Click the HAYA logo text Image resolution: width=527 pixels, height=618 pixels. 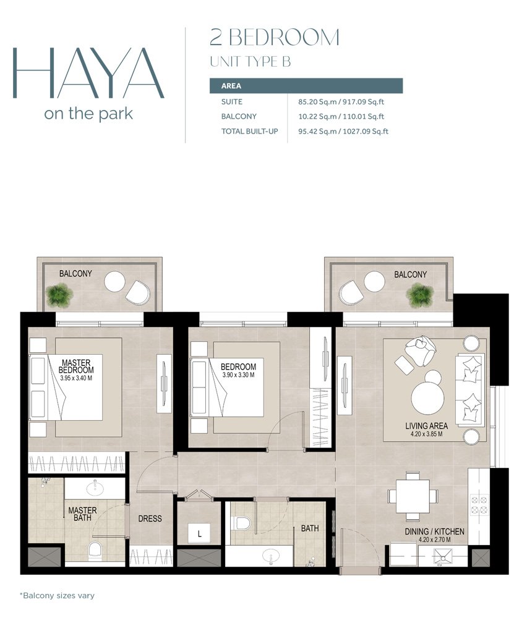[88, 74]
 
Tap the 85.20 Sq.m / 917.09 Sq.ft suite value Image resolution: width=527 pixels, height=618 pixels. [341, 102]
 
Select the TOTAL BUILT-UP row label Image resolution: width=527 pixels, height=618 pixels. [250, 131]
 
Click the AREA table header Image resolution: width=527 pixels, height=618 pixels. [231, 86]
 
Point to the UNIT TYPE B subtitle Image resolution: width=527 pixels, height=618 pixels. [251, 62]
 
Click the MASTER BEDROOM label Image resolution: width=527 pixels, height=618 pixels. [76, 366]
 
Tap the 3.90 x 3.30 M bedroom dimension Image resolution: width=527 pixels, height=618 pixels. [238, 375]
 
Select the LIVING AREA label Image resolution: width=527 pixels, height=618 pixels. [426, 426]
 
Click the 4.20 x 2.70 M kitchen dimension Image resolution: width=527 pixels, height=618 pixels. [434, 540]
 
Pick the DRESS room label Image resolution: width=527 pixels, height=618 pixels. [150, 519]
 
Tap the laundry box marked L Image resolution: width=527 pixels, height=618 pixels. [200, 534]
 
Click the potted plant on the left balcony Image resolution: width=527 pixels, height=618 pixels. [59, 295]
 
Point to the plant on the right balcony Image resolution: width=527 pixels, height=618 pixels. [421, 295]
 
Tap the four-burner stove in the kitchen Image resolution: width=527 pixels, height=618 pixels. [479, 505]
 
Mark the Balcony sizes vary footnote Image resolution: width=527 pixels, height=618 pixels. [57, 596]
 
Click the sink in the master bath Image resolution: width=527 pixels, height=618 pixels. [95, 488]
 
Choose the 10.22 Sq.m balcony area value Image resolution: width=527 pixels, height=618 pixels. [317, 117]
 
